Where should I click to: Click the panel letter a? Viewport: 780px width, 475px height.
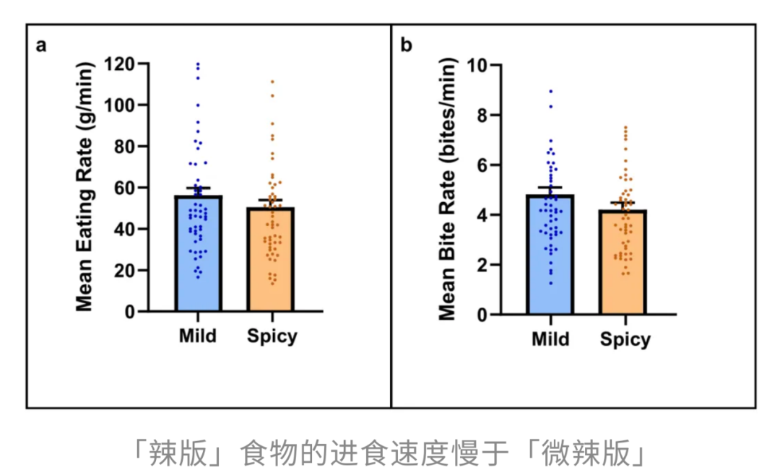[42, 46]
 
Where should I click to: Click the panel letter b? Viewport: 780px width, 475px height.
[407, 46]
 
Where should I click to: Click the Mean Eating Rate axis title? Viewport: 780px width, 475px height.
[85, 188]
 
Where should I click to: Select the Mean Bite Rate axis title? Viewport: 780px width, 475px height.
[448, 189]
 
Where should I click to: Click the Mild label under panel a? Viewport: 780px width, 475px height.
[198, 336]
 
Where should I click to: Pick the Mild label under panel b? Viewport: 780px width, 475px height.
[550, 339]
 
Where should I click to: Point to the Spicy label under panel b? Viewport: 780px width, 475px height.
[625, 340]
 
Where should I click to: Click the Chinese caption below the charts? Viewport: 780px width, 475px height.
[390, 453]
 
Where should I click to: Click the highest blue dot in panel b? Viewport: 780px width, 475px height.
[550, 92]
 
